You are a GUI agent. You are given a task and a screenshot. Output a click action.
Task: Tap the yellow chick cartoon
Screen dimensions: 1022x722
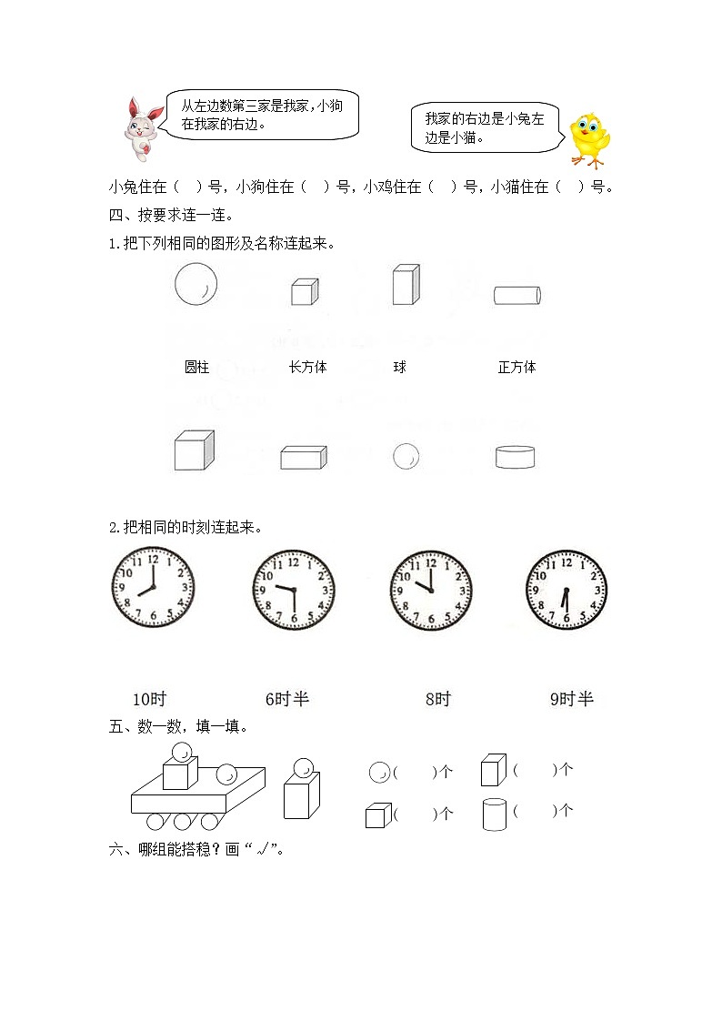[588, 140]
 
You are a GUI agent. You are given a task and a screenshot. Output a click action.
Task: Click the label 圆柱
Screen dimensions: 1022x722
[196, 368]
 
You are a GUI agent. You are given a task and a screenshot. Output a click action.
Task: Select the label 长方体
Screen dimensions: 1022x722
[307, 368]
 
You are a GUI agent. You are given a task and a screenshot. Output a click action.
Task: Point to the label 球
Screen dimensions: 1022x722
[399, 368]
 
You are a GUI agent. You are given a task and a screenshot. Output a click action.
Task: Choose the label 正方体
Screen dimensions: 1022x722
[516, 368]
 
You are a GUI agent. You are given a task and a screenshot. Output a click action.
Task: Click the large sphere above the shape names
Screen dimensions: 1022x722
[196, 284]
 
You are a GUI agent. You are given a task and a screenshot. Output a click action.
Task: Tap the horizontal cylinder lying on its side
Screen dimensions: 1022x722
[517, 296]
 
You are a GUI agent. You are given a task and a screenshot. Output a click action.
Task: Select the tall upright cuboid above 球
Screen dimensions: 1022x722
[405, 285]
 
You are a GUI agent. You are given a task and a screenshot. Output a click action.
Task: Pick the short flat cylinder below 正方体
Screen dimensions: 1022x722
[515, 457]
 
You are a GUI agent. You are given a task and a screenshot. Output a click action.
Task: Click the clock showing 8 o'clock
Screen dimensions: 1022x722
[153, 588]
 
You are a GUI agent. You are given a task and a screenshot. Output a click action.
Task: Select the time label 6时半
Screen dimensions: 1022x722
[287, 699]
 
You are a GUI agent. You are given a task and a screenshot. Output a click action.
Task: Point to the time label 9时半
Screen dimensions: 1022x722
[571, 699]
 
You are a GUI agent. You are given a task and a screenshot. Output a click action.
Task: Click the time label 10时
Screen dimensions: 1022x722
[149, 699]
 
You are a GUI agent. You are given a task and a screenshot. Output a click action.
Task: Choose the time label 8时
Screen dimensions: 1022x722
[437, 699]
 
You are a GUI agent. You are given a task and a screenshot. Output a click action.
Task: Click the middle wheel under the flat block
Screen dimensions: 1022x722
[183, 822]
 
